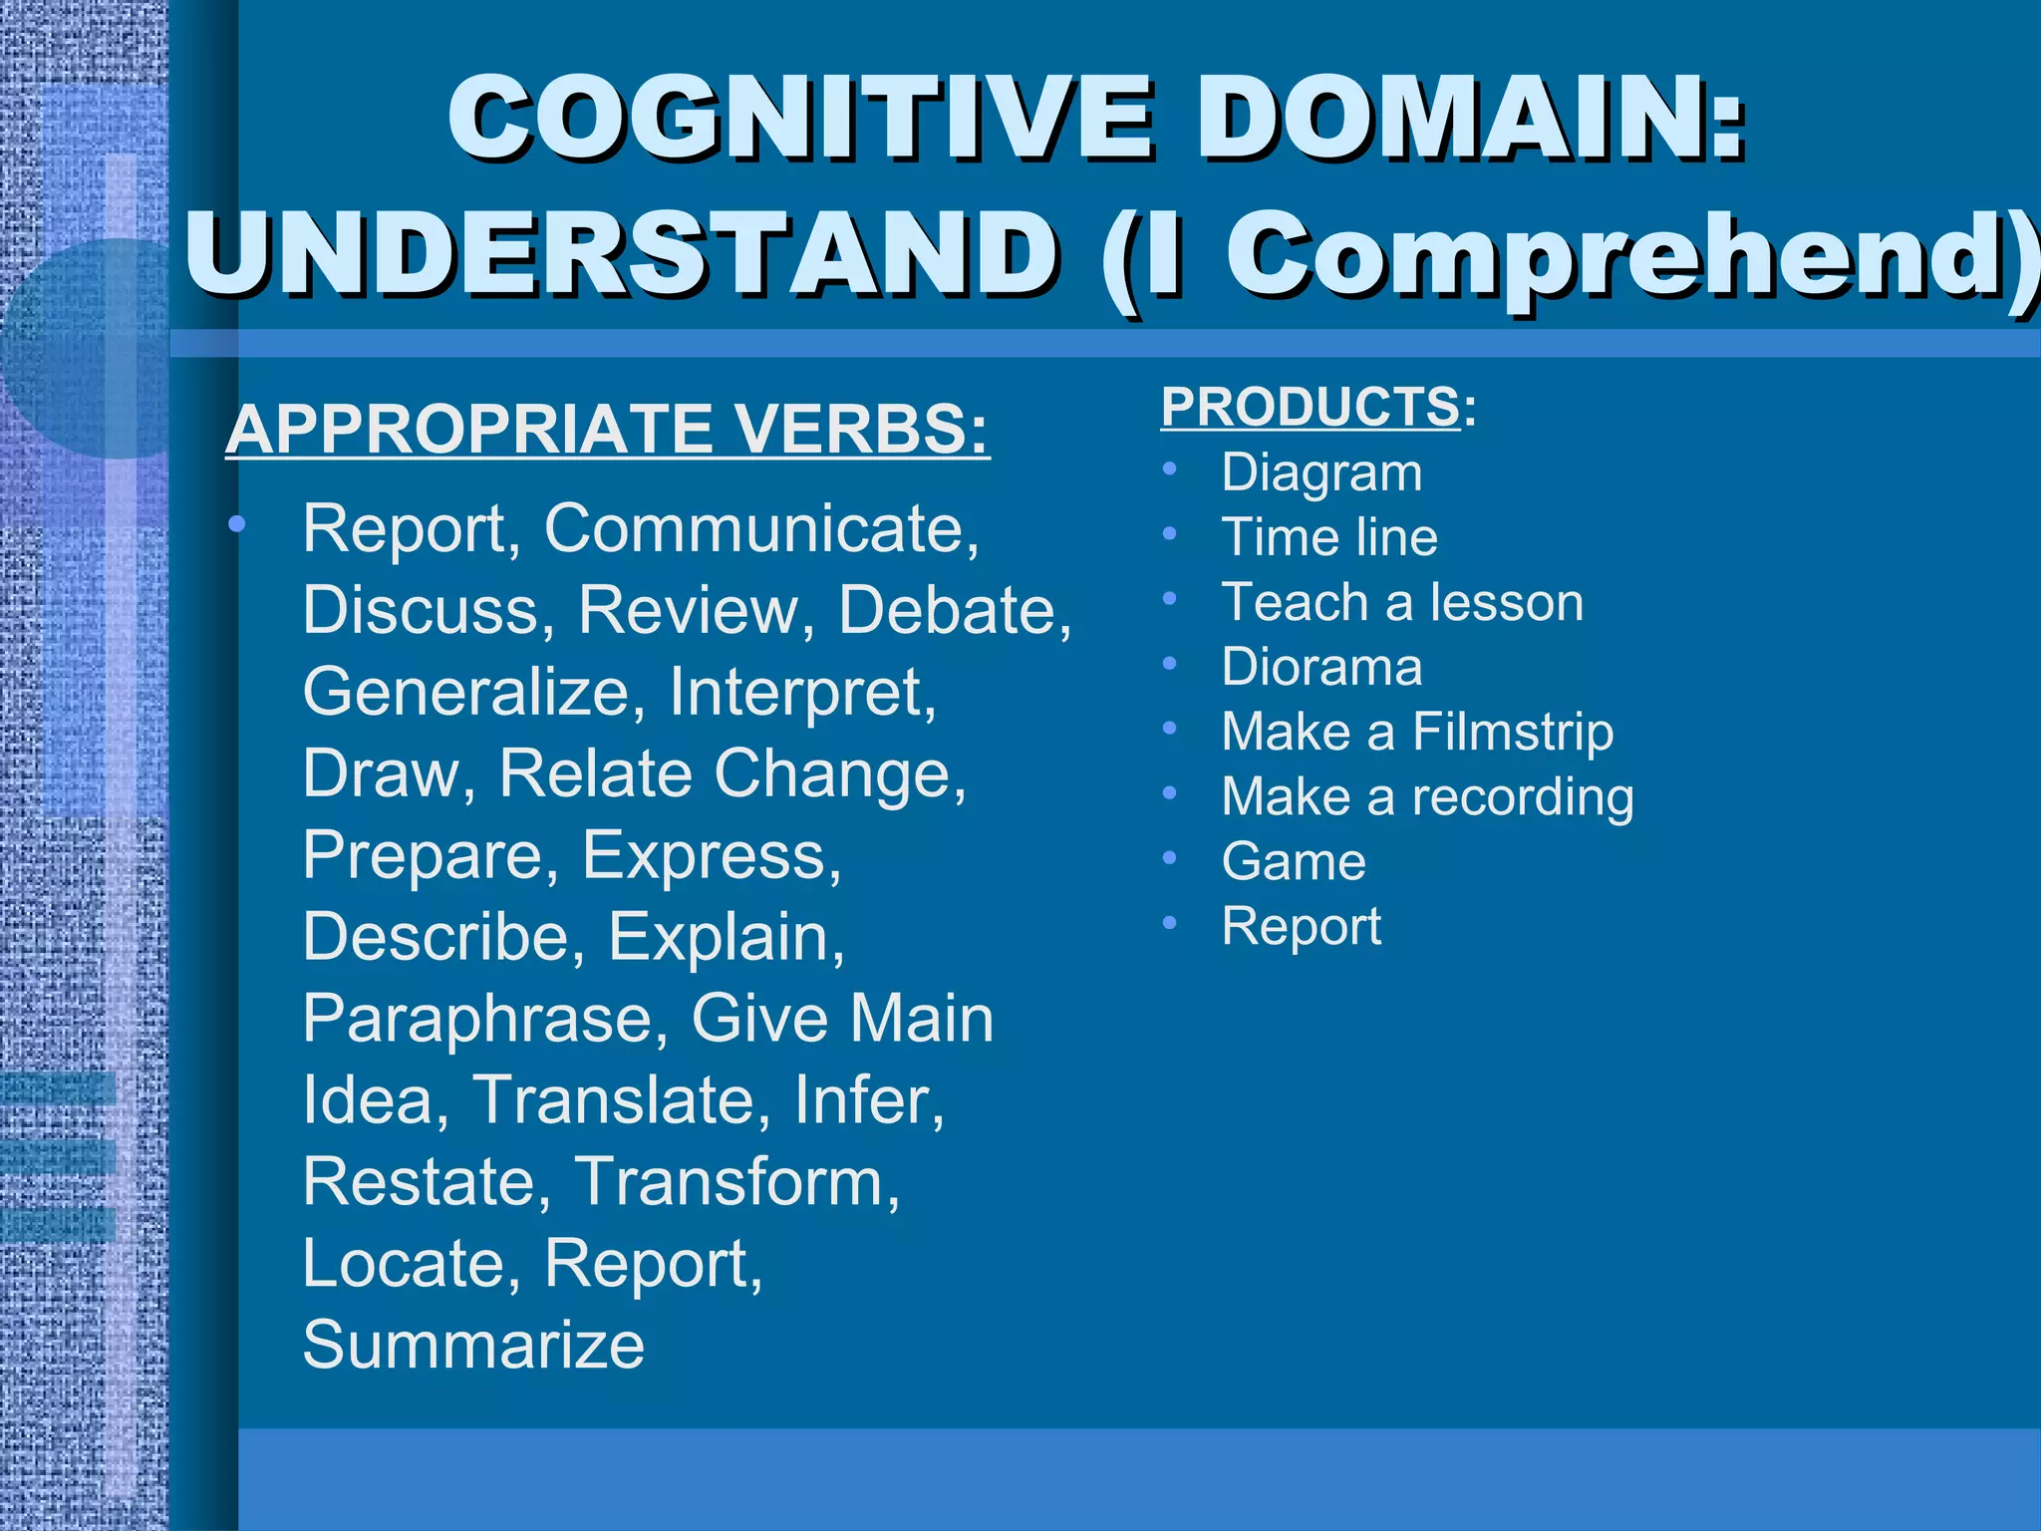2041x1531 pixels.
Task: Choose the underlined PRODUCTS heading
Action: pos(1310,407)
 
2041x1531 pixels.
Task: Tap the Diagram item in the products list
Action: pos(1321,472)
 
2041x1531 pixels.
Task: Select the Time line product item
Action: pos(1329,537)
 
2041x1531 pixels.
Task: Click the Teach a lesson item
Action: pos(1402,602)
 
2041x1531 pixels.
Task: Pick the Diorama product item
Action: pos(1321,667)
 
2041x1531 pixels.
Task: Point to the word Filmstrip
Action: pos(1512,733)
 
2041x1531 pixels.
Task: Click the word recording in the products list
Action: pos(1522,797)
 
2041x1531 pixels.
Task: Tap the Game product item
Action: pos(1294,861)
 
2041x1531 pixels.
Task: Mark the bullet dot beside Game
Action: pos(1170,858)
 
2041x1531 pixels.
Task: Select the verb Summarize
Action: pos(473,1345)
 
